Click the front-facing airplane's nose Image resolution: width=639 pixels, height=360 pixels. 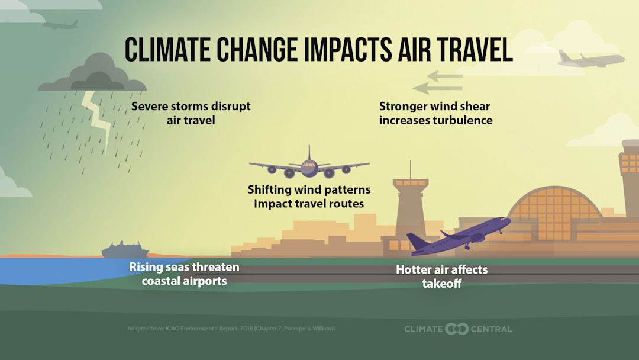click(x=309, y=169)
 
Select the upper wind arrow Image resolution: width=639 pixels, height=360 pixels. click(x=444, y=76)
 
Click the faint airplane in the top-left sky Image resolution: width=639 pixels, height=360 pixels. click(x=61, y=25)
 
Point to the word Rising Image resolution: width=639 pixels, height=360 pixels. click(x=146, y=267)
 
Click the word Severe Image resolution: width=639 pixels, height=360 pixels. click(x=150, y=107)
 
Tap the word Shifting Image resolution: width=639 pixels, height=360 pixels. click(x=269, y=190)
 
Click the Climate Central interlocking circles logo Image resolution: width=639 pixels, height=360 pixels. click(x=456, y=329)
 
